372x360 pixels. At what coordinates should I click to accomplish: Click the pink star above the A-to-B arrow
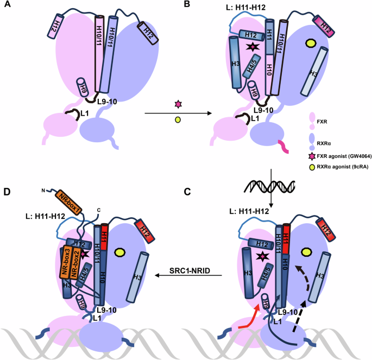click(x=176, y=103)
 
